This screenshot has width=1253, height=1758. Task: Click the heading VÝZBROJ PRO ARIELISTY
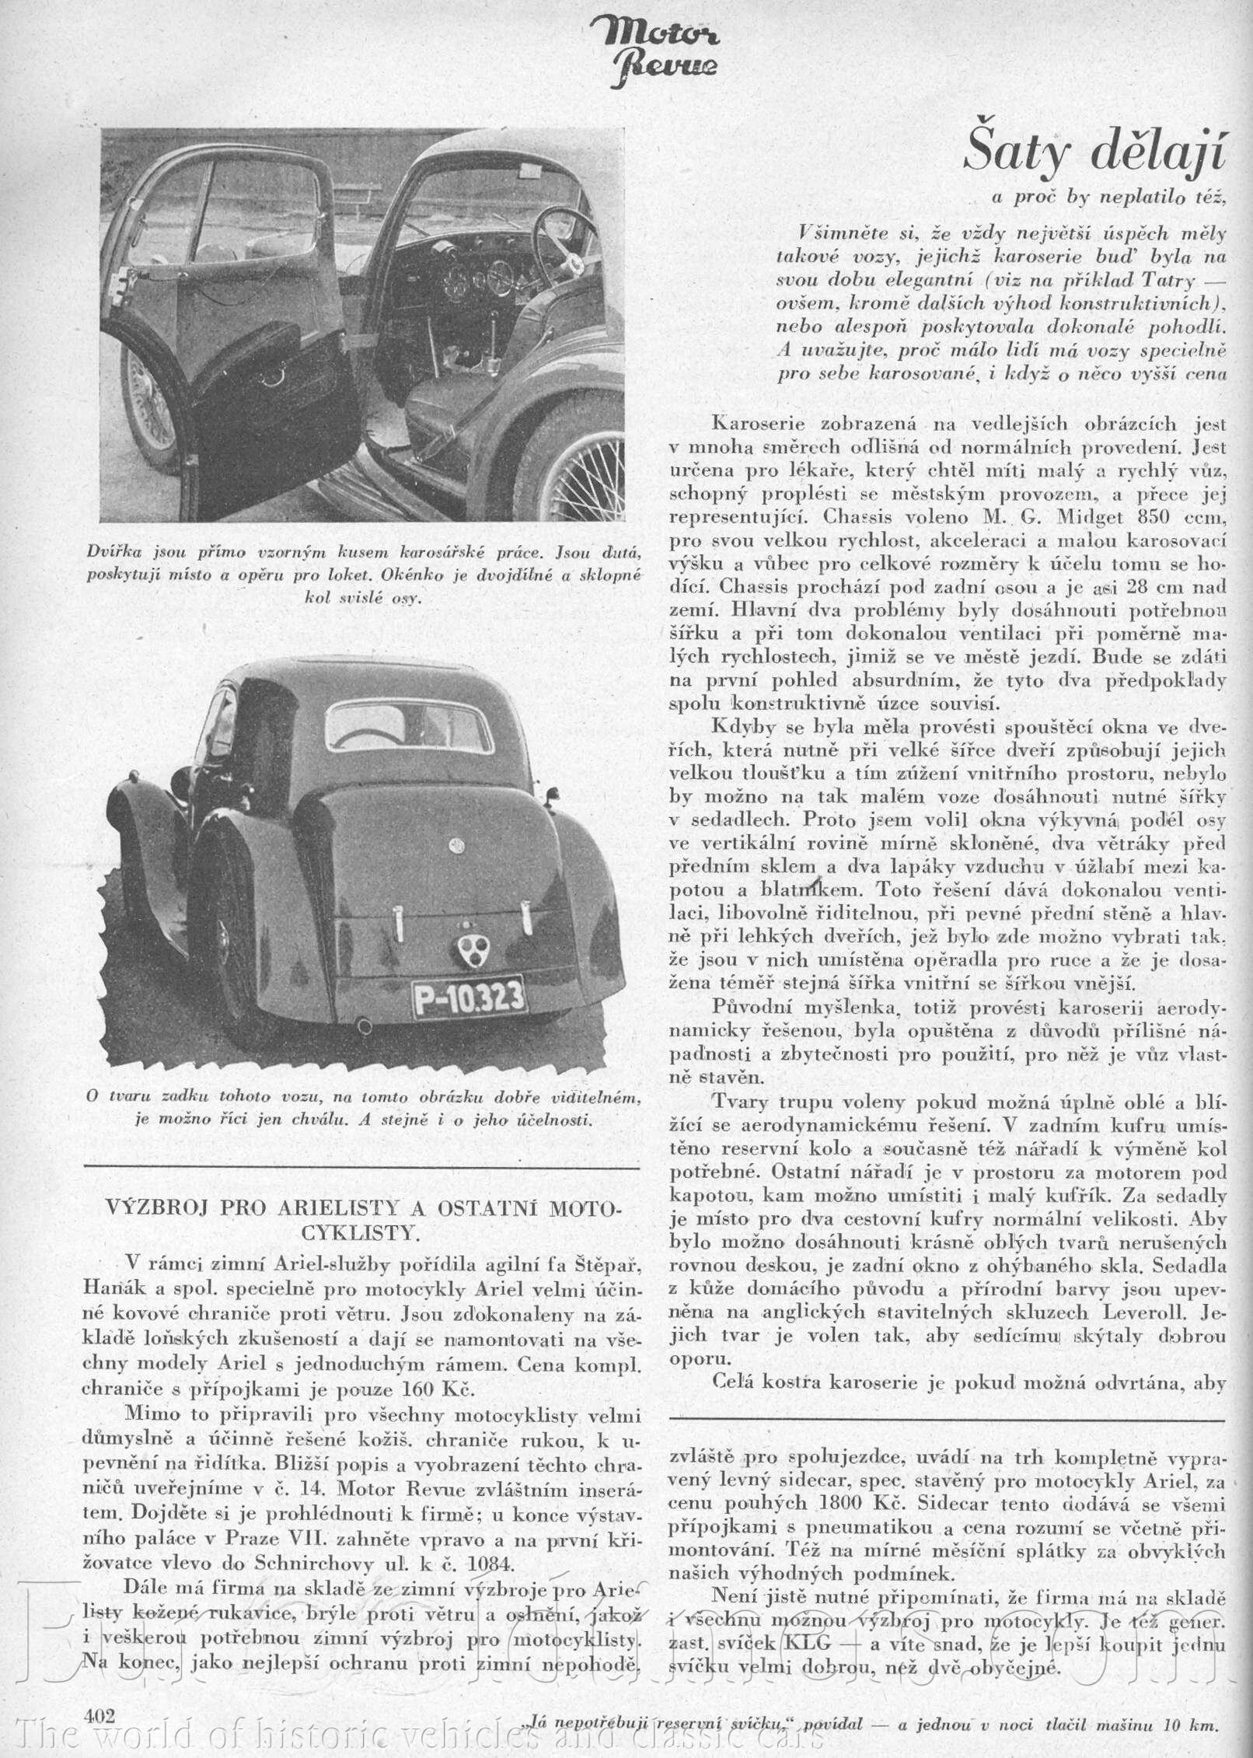tap(361, 1213)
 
